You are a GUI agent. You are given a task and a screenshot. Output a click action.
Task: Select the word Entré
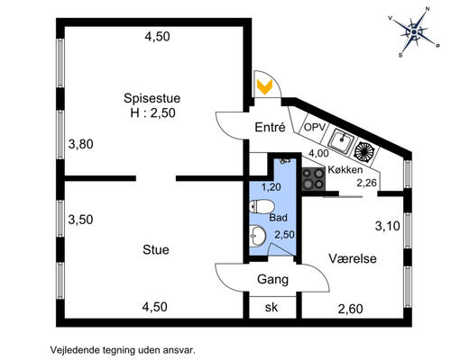click(x=271, y=128)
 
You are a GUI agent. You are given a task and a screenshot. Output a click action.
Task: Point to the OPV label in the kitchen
click(x=313, y=128)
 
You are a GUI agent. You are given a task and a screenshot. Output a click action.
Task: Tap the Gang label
click(x=272, y=279)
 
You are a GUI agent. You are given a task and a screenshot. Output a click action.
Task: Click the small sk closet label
click(x=272, y=307)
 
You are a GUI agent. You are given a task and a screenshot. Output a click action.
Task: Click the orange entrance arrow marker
click(x=264, y=86)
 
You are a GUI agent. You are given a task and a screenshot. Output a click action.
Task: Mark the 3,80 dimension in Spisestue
click(x=82, y=142)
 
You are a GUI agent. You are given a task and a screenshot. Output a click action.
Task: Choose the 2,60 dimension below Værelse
click(x=352, y=310)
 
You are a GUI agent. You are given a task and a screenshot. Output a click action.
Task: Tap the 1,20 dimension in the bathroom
click(x=272, y=187)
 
